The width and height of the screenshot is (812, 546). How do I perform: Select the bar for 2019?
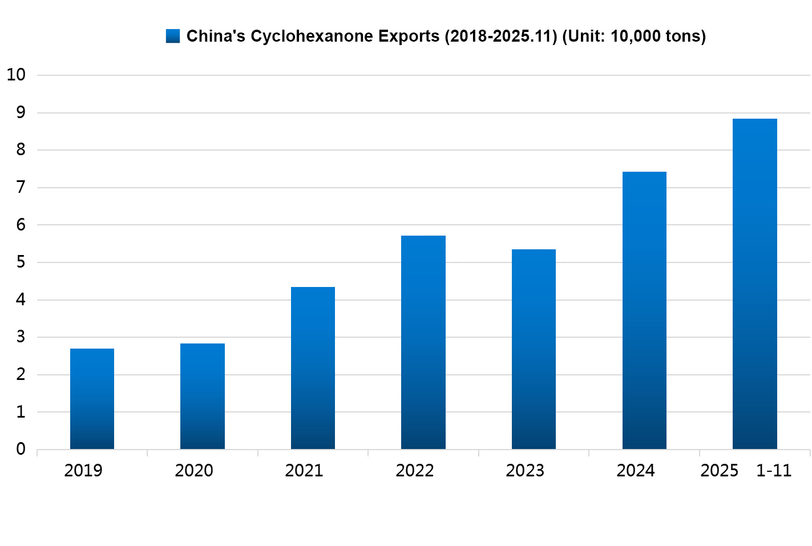tap(92, 399)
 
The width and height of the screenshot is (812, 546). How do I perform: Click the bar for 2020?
tap(203, 396)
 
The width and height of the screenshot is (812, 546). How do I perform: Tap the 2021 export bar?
tap(313, 368)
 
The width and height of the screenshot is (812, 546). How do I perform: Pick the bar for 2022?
tap(423, 342)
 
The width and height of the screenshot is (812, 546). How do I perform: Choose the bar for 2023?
tap(534, 349)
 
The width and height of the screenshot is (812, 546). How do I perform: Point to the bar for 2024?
tap(644, 310)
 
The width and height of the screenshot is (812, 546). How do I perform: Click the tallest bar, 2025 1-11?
tap(755, 284)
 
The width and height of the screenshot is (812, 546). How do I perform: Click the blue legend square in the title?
tap(173, 36)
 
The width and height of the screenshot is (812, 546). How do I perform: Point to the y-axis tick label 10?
tap(16, 75)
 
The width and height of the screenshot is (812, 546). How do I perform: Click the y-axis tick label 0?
tap(21, 449)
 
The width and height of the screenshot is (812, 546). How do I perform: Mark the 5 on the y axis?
tap(21, 262)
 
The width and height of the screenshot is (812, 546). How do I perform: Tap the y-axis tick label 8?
tap(21, 149)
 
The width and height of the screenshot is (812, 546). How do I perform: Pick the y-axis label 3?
tap(21, 337)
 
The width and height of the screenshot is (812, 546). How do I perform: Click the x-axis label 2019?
tap(83, 471)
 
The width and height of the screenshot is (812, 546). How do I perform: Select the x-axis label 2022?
tap(415, 471)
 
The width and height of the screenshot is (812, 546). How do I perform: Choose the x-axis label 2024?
tap(636, 471)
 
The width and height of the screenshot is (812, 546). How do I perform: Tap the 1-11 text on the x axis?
tap(774, 471)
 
